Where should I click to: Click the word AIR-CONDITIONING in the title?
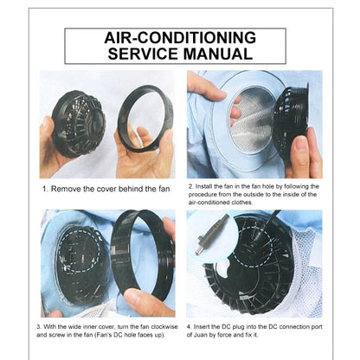tap(179, 38)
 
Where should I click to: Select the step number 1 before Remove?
tap(45, 188)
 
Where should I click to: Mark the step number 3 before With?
tap(40, 326)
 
